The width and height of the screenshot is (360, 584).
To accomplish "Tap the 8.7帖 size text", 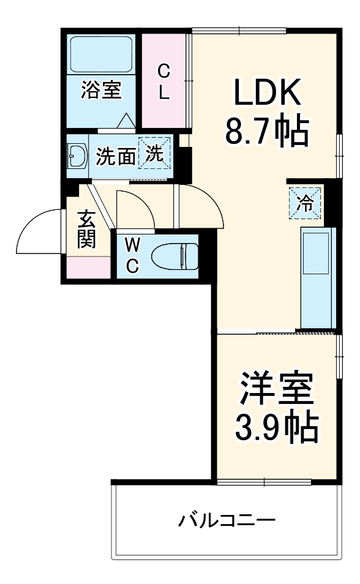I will pyautogui.click(x=266, y=130).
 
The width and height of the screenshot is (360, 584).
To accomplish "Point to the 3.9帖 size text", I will pyautogui.click(x=277, y=428).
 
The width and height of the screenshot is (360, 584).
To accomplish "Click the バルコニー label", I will pyautogui.click(x=227, y=522).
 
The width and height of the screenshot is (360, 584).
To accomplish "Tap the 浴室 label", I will pyautogui.click(x=102, y=91).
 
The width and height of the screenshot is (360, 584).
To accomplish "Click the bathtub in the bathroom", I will pyautogui.click(x=102, y=54).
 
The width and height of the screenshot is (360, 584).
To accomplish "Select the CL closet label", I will pyautogui.click(x=164, y=83).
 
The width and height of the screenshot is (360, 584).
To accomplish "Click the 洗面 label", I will pyautogui.click(x=116, y=157).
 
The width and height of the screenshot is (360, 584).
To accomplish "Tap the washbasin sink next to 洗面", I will pyautogui.click(x=77, y=157).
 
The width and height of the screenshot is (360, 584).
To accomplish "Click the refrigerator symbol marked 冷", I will pyautogui.click(x=304, y=203).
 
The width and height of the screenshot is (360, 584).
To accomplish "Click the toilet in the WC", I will pyautogui.click(x=174, y=256).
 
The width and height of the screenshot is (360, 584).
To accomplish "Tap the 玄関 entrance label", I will pyautogui.click(x=86, y=230).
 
